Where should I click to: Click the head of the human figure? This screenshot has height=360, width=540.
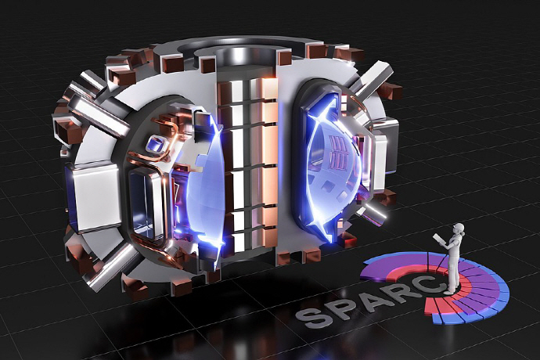click(459, 229)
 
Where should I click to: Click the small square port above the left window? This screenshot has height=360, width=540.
click(156, 144)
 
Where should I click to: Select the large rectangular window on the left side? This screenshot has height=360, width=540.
click(146, 204)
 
